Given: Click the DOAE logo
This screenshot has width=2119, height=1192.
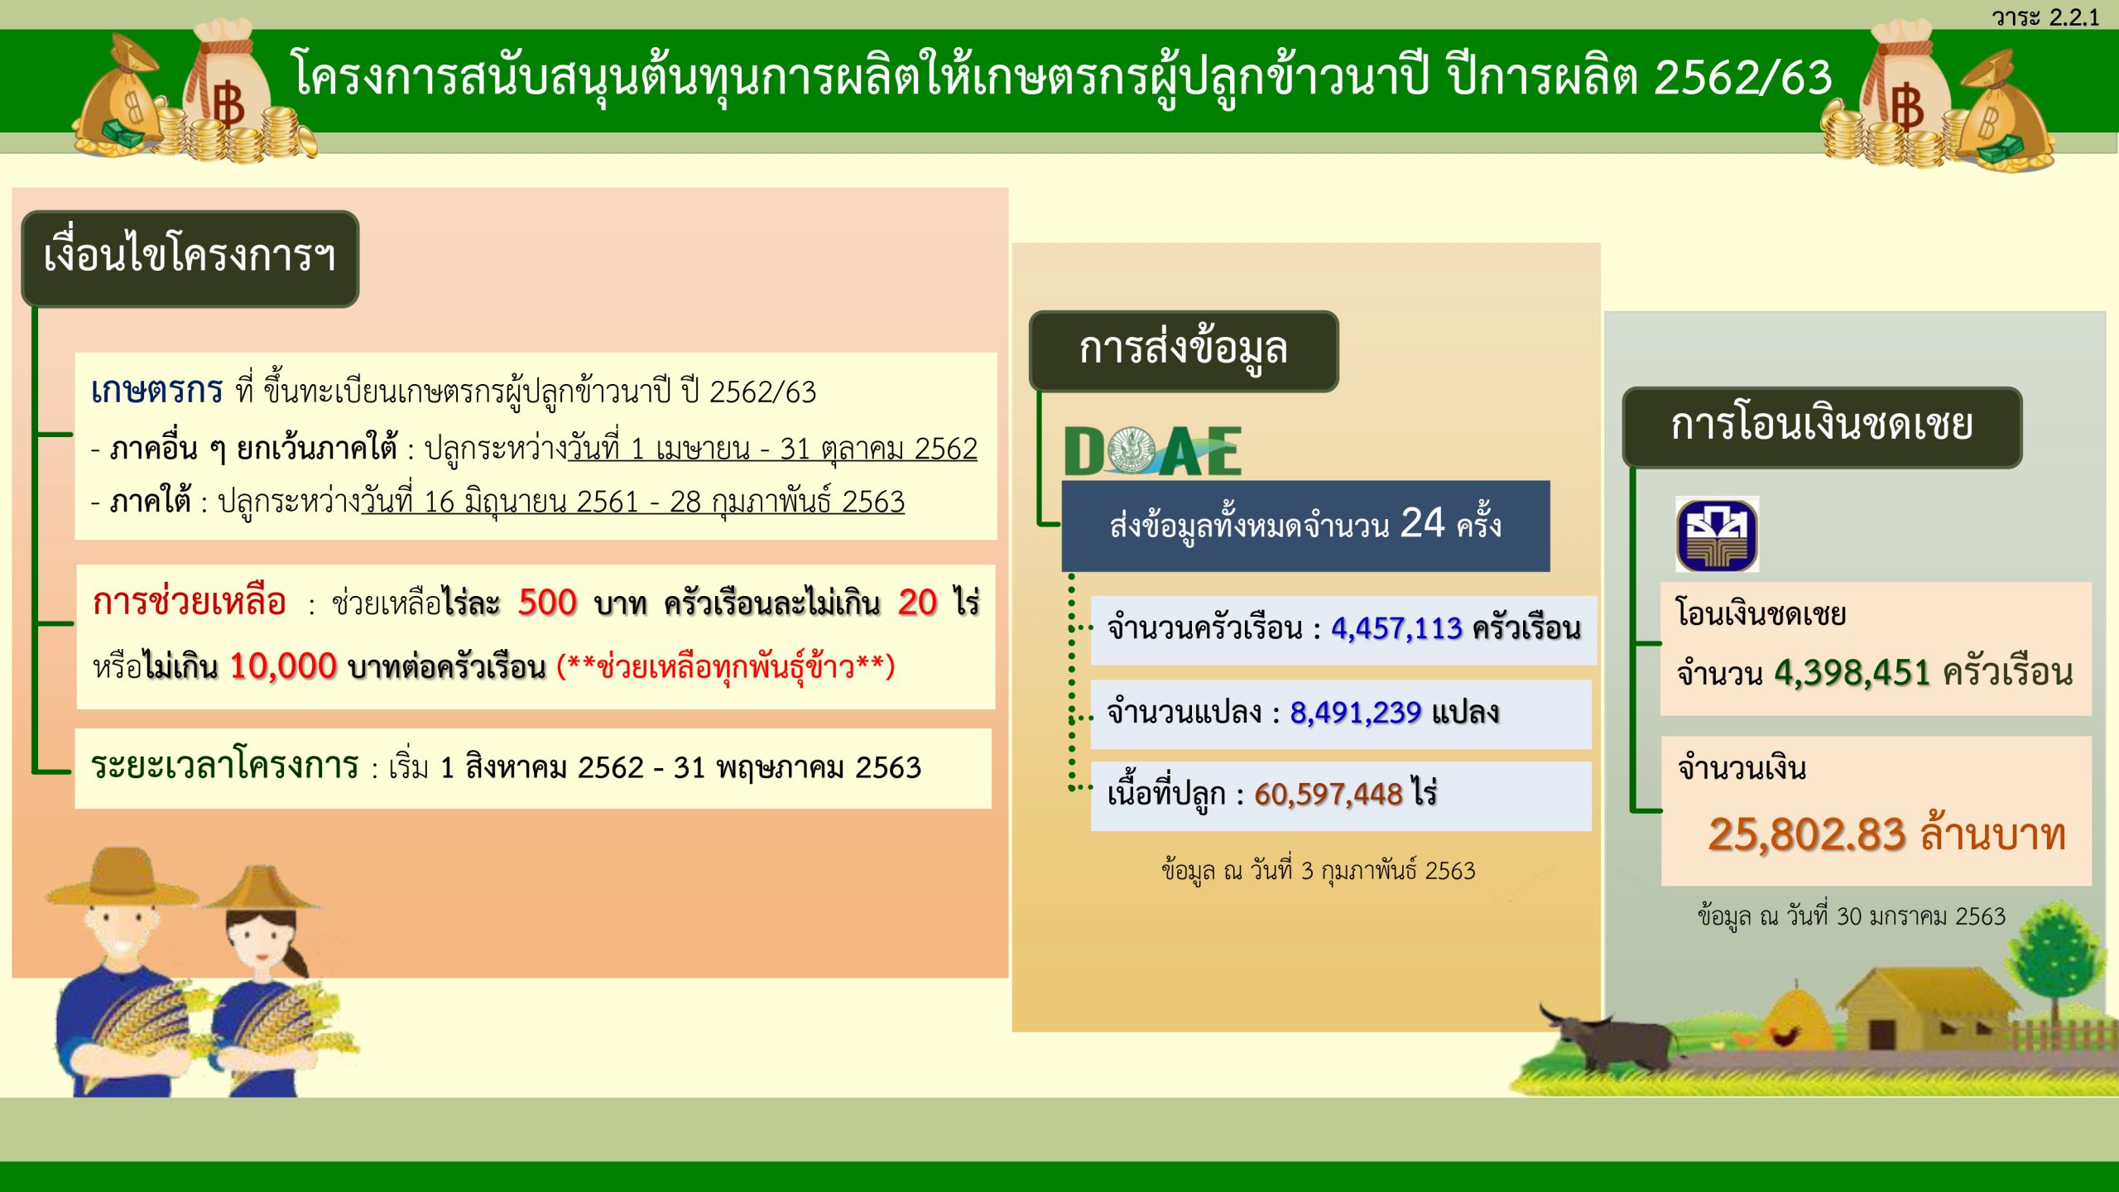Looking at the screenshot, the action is coord(1152,451).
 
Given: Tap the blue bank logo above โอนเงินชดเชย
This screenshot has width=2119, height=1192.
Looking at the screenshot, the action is coord(1717,535).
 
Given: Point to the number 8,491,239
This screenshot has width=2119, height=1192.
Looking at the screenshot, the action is coord(1355,713).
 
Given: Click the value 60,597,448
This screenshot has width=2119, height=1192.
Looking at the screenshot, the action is coord(1328,795).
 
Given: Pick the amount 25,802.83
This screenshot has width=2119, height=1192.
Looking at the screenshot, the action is coord(1807,835).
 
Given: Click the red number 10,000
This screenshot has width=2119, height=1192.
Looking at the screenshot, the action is coord(283,666).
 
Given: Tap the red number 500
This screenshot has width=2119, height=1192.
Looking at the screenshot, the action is coord(547,603).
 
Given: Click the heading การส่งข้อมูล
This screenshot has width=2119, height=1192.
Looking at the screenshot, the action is coord(1183,350).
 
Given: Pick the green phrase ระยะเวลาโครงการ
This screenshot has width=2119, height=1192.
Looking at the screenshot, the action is coord(224,767).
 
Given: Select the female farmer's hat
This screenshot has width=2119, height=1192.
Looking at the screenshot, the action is coord(263,888).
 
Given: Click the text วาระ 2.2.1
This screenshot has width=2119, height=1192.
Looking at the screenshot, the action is coord(2045,17).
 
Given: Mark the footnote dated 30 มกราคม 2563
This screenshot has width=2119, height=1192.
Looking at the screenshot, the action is coord(1851,916).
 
